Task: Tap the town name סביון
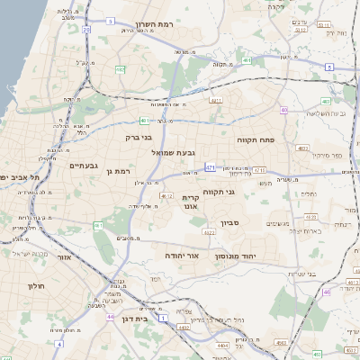point(229,222)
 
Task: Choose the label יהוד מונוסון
point(236,256)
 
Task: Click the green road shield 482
point(121,68)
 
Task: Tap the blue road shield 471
point(210,166)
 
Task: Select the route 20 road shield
point(86,30)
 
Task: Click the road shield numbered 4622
point(210,232)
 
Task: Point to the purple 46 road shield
point(327,292)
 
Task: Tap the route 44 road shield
point(110,317)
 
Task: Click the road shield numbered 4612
point(166,194)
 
